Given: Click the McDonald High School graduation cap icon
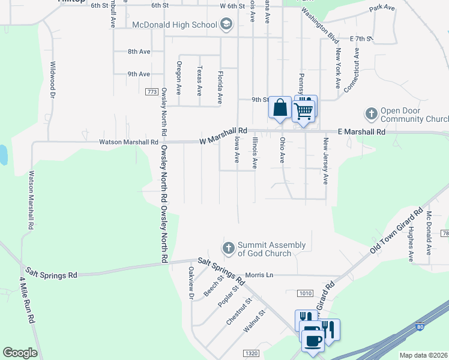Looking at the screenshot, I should pos(226,25).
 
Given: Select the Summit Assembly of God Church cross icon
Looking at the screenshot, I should pos(228,248).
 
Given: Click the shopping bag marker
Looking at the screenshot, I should pos(280,109).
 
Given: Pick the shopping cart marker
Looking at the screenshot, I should pos(304,110).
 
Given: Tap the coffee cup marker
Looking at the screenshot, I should pos(312,341).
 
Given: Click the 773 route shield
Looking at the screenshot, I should pos(152,91).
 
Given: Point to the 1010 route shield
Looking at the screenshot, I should pos(304,293).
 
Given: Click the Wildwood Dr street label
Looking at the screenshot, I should pos(53,80).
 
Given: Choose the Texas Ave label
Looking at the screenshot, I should pos(200,81).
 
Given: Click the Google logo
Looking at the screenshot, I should pos(20,353).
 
